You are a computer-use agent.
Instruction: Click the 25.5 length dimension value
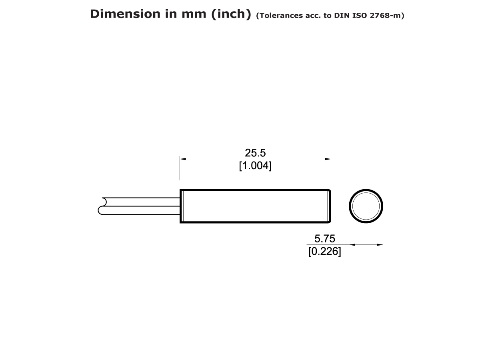pos(255,153)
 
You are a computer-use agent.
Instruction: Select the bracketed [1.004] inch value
pos(255,166)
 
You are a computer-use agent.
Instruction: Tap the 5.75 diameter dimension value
pos(324,239)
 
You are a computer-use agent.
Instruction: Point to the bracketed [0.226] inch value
pos(324,252)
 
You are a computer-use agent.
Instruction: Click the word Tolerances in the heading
pos(279,16)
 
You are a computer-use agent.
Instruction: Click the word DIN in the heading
pos(345,16)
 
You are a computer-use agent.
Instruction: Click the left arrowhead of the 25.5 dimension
pos(183,159)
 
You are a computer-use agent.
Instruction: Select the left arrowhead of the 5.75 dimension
pos(352,245)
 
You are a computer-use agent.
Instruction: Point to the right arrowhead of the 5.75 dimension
pos(380,245)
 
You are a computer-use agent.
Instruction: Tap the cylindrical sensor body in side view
pos(255,206)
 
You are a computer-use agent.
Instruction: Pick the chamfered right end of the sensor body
pos(329,206)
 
